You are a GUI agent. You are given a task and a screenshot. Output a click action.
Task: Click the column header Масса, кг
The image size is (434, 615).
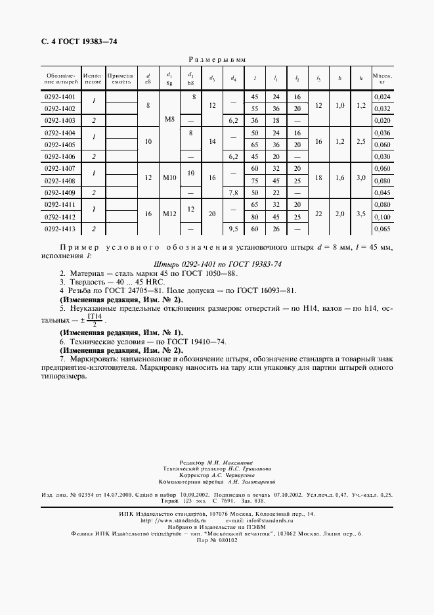382,79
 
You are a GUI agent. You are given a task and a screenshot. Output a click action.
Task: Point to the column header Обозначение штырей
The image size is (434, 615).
60,79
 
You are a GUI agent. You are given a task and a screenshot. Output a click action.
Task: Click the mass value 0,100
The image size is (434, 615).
382,217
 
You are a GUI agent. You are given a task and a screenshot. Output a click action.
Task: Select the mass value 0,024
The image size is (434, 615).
382,97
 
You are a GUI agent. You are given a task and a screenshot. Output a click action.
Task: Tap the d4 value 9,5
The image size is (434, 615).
233,229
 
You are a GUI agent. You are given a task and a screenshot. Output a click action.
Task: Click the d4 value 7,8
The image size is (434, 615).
233,193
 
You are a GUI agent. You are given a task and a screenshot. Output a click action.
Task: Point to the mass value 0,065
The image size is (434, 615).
382,229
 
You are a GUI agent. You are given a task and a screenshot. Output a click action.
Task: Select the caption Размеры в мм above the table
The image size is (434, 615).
217,59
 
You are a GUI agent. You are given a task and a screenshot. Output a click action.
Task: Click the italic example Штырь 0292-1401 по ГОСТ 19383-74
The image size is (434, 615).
217,263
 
